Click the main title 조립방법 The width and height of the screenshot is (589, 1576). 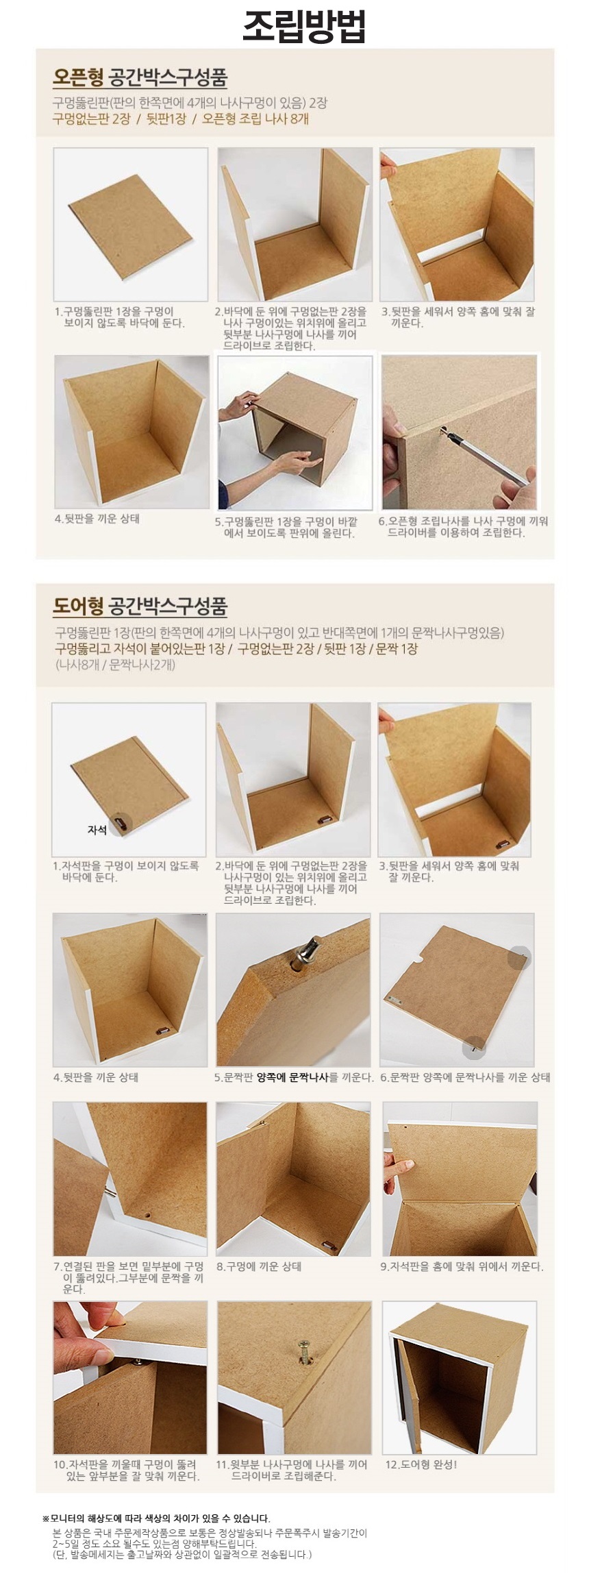[x=294, y=27]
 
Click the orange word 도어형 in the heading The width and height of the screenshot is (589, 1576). [x=78, y=606]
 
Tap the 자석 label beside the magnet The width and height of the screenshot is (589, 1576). [x=97, y=830]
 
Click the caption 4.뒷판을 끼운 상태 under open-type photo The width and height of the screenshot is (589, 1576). [x=97, y=519]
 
